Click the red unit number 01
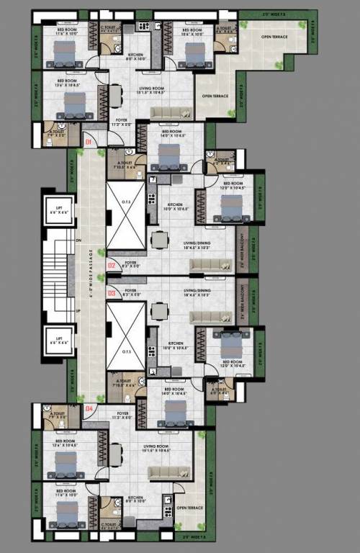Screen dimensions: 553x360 [89, 143]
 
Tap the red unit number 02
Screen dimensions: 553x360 [112, 266]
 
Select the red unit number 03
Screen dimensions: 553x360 [112, 293]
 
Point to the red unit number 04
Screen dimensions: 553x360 [89, 409]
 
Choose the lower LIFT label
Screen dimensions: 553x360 [60, 340]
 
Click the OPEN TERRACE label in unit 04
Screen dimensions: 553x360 [191, 508]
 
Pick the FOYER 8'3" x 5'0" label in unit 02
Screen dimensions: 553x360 [131, 264]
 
